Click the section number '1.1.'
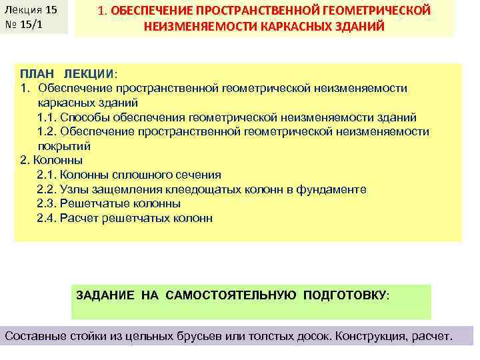[x=47, y=117]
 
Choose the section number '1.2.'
[x=47, y=131]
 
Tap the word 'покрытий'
[x=64, y=146]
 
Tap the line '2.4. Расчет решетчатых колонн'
[x=125, y=218]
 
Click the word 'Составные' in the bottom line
[x=34, y=336]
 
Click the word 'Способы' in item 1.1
[x=87, y=117]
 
